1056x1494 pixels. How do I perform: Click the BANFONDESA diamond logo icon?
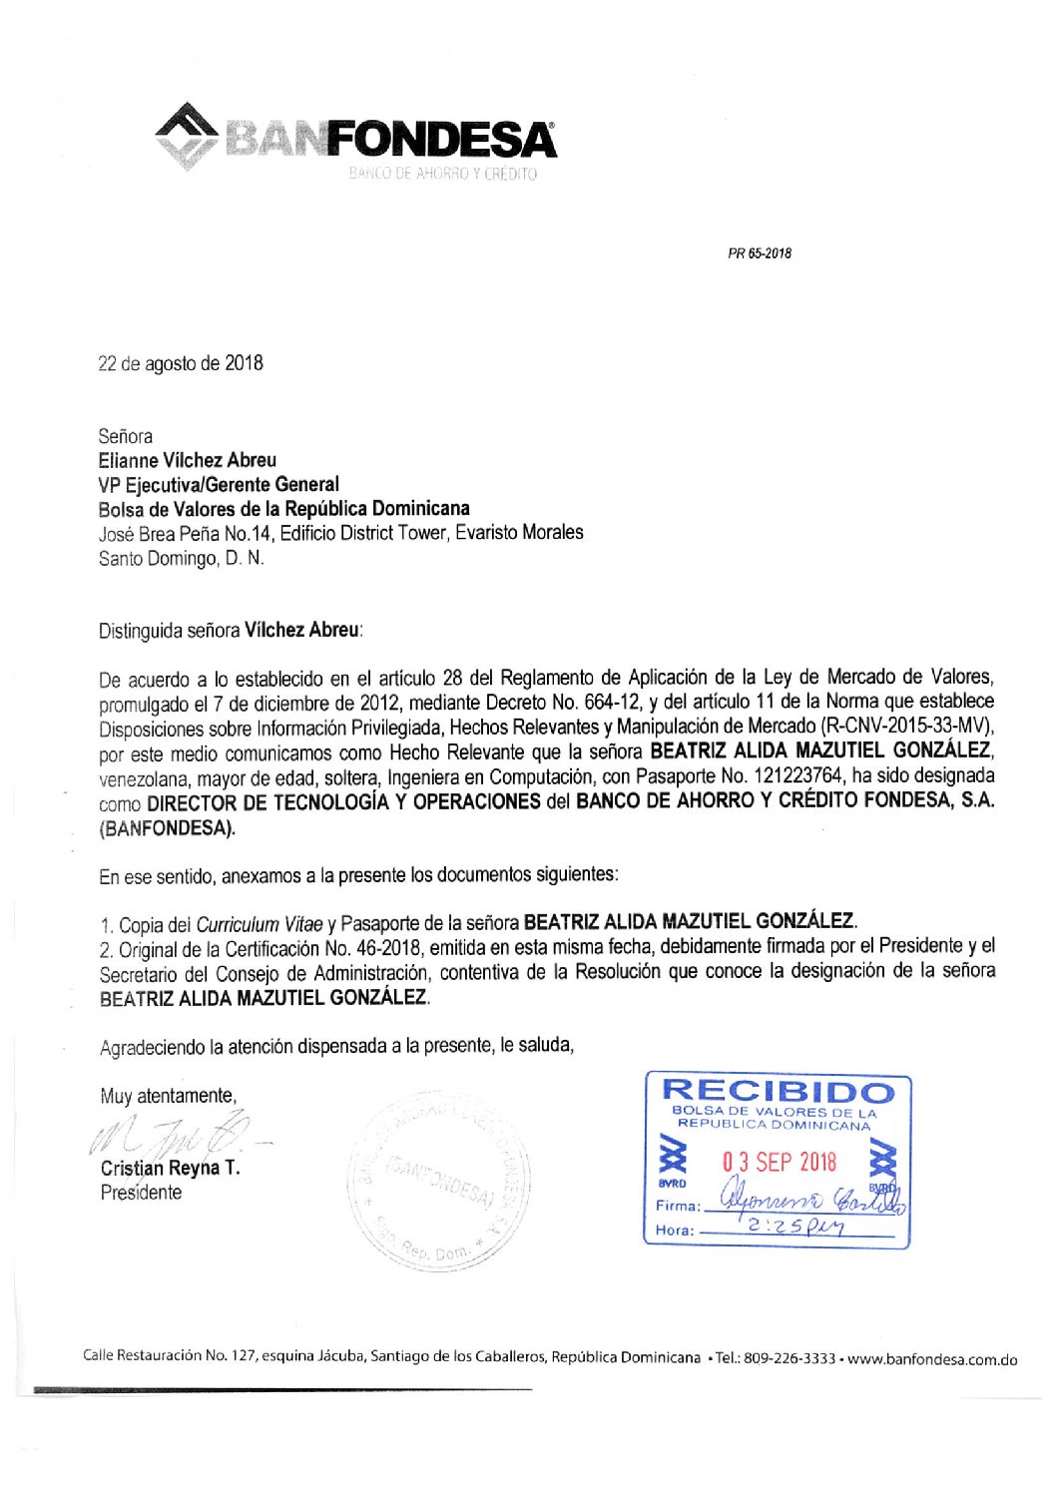tap(187, 134)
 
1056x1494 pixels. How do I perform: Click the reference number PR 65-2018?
tap(759, 253)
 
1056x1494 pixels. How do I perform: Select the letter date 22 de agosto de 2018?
tap(181, 363)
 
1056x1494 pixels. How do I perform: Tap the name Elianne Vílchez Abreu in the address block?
tap(188, 460)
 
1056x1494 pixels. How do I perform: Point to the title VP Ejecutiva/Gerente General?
tap(219, 484)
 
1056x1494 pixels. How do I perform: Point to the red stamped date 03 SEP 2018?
tap(780, 1162)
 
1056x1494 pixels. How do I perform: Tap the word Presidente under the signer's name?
tap(141, 1193)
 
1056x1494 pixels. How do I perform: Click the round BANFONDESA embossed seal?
tap(438, 1184)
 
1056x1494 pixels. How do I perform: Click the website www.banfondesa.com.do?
tap(932, 1359)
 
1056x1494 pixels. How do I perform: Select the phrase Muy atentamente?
tap(168, 1096)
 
